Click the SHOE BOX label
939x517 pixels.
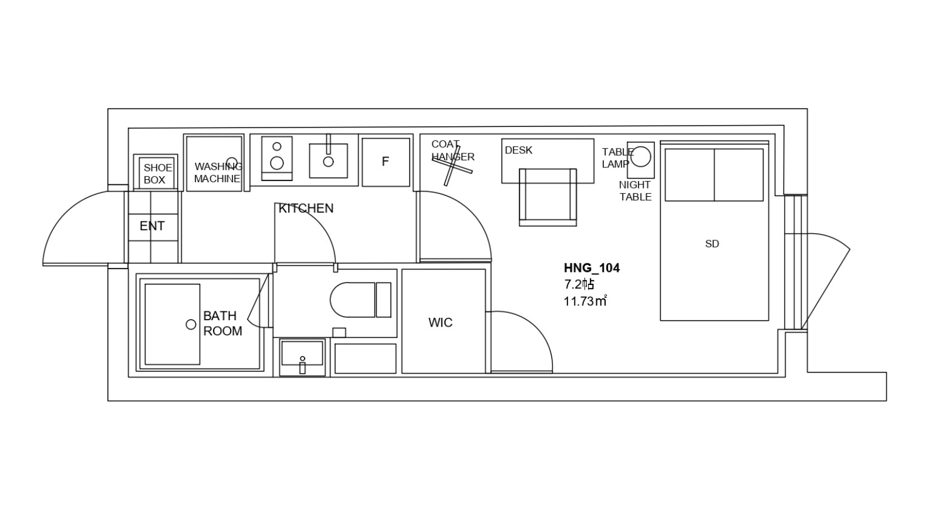[158, 174]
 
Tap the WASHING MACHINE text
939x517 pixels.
[218, 173]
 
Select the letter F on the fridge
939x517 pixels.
[385, 162]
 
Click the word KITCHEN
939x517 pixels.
[306, 208]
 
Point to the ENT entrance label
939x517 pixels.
[152, 226]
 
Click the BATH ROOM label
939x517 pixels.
[222, 323]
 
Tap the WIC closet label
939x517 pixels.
[440, 323]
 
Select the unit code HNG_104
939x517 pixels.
[592, 268]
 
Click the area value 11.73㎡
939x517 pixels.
[585, 301]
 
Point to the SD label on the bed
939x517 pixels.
[712, 244]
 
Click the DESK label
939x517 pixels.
[519, 150]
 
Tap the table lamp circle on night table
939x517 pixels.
[641, 157]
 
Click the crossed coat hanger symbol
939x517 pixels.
[452, 166]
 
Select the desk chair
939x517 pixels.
[548, 197]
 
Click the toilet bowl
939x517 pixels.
[352, 300]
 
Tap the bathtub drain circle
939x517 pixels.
[191, 324]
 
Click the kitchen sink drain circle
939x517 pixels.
[328, 162]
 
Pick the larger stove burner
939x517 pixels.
[276, 163]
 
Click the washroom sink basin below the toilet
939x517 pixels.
[302, 354]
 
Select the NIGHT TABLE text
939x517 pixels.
[636, 191]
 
